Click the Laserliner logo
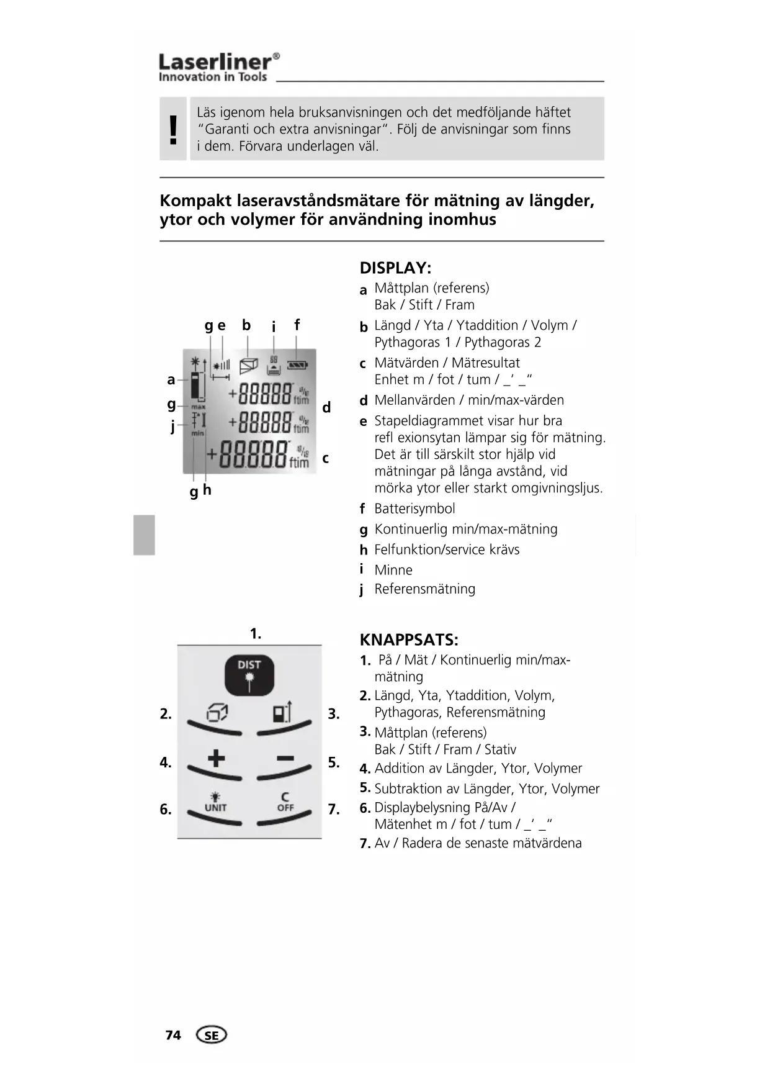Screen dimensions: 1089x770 click(x=218, y=67)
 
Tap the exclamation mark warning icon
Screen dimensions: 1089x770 click(x=173, y=129)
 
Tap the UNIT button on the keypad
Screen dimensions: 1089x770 click(x=215, y=803)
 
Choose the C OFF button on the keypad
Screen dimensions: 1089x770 click(x=285, y=803)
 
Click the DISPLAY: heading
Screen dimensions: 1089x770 click(x=395, y=268)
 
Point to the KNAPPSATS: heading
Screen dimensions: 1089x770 click(x=409, y=640)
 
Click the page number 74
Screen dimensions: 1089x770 click(x=173, y=1035)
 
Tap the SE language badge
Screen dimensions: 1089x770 click(x=212, y=1035)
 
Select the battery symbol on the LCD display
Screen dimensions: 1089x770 click(x=297, y=365)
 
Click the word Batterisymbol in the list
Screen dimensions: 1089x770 click(x=414, y=509)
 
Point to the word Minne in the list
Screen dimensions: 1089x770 click(x=393, y=570)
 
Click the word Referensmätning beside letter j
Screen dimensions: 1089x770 click(x=424, y=589)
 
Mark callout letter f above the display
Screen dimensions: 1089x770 click(x=297, y=325)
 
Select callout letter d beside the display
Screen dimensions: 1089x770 click(x=326, y=408)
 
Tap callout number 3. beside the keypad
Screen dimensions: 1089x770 click(x=333, y=714)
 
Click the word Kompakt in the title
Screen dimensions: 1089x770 click(x=194, y=201)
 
